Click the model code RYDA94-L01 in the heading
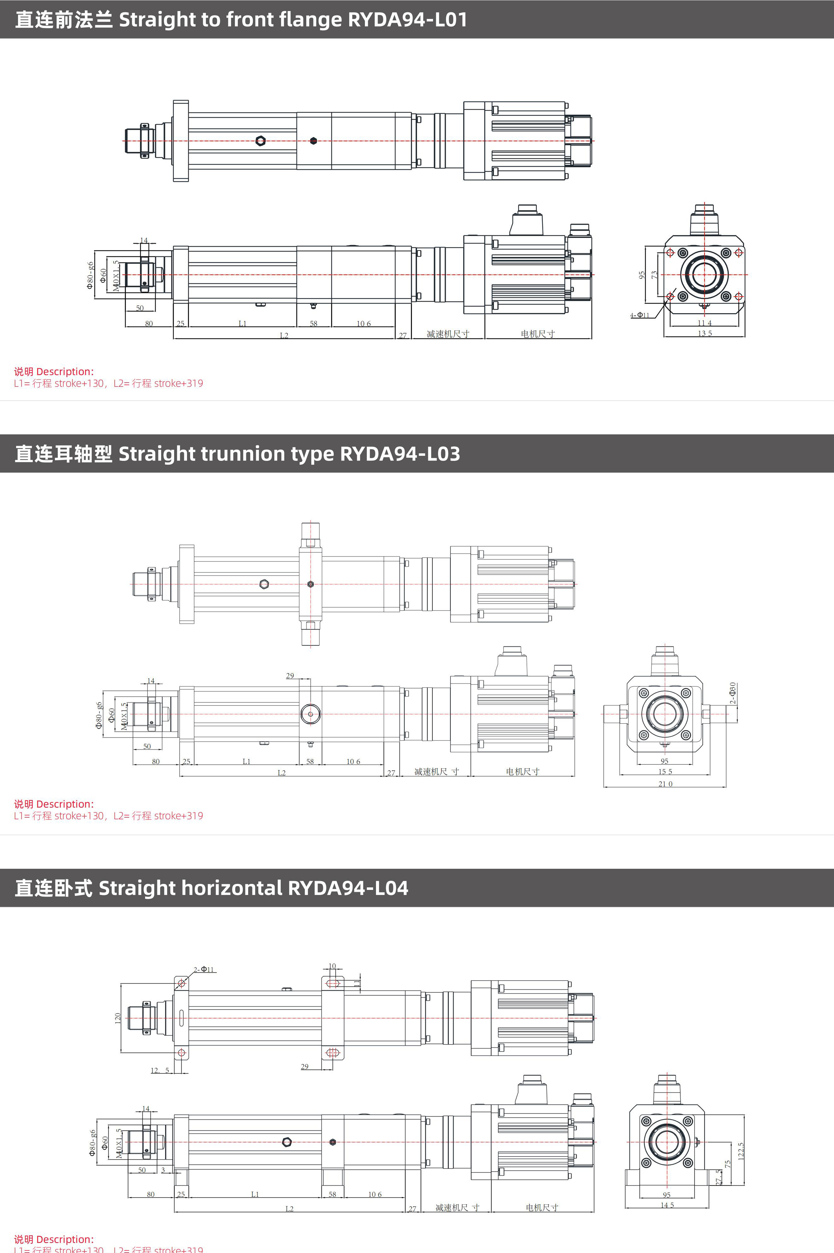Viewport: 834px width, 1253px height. pyautogui.click(x=407, y=20)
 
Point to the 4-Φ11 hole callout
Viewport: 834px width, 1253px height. pyautogui.click(x=640, y=315)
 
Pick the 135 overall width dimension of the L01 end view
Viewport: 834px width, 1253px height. pyautogui.click(x=705, y=333)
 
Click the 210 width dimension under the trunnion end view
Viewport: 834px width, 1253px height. pyautogui.click(x=665, y=784)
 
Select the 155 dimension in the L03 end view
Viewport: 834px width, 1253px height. pyautogui.click(x=665, y=772)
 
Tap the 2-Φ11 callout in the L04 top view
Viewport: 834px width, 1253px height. pyautogui.click(x=204, y=969)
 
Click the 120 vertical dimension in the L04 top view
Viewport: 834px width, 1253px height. pyautogui.click(x=117, y=1018)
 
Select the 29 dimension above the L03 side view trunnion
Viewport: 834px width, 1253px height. pyautogui.click(x=290, y=676)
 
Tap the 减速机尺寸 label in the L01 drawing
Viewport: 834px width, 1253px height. pyautogui.click(x=448, y=334)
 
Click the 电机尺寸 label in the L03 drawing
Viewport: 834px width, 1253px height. pyautogui.click(x=522, y=772)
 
